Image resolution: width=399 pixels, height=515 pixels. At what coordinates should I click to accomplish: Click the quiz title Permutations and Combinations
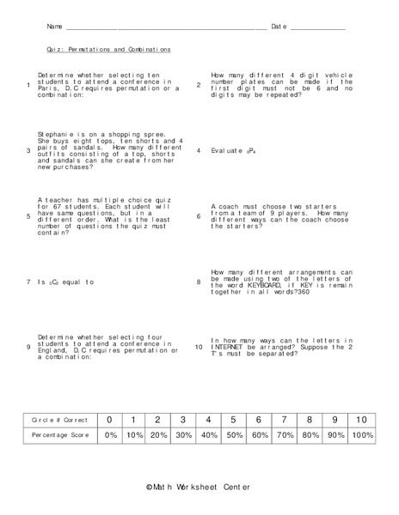tap(108, 50)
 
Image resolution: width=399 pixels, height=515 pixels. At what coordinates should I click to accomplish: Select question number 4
tap(199, 151)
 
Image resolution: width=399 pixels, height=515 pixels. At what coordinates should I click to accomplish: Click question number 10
tap(199, 347)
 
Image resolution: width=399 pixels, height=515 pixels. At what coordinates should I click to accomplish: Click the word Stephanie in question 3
tap(56, 134)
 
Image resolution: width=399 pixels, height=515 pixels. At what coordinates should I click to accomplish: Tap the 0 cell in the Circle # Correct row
tap(109, 419)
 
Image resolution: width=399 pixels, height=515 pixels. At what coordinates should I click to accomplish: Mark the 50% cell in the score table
tap(234, 436)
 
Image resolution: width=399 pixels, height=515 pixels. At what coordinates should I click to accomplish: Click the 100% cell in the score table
tap(362, 436)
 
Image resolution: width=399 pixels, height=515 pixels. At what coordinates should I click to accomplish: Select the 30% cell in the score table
tap(184, 436)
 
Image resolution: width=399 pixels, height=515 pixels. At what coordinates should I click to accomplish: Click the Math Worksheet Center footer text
tap(199, 488)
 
